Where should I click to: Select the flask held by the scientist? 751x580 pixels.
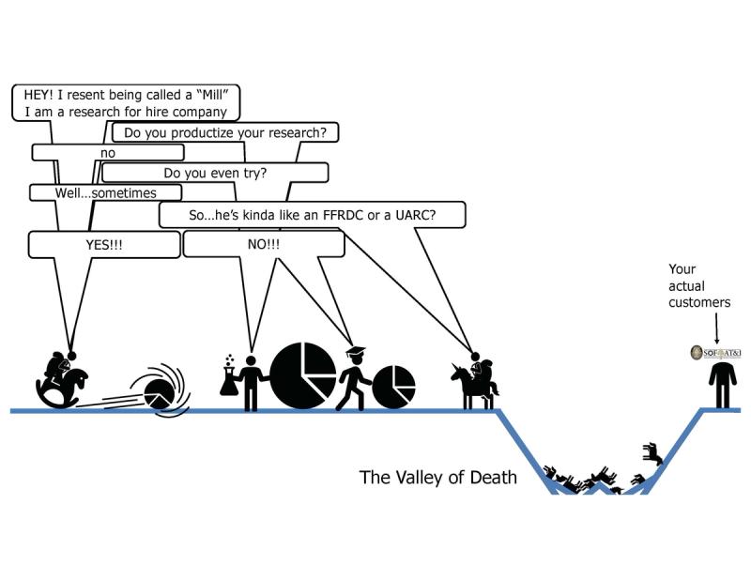pos(228,379)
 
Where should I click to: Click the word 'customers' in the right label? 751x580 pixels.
pos(698,302)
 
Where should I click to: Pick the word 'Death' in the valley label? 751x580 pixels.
pos(489,478)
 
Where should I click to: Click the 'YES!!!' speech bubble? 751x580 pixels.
pos(104,244)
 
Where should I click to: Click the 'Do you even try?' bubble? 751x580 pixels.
pos(215,173)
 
